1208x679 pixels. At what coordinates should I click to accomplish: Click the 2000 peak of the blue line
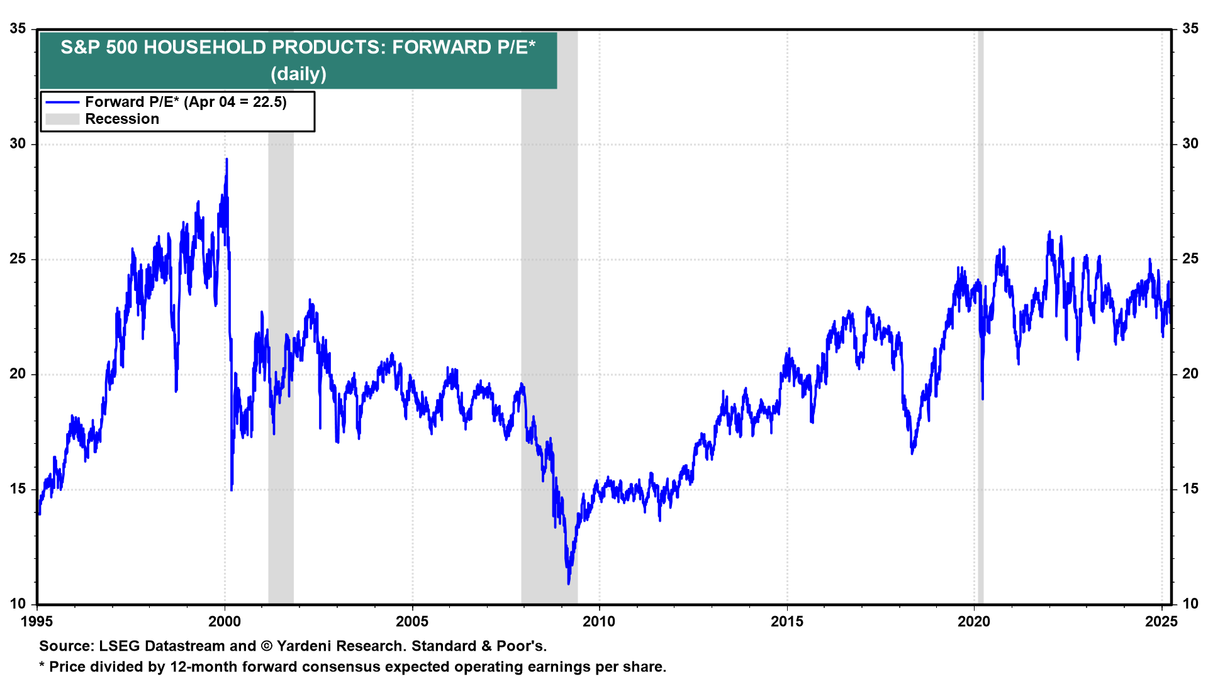point(226,160)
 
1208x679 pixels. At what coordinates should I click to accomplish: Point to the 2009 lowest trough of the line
point(569,583)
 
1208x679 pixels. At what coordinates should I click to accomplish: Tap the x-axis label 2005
point(412,622)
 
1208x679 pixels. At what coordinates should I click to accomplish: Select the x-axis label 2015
point(787,622)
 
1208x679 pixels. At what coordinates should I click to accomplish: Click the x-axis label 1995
point(37,622)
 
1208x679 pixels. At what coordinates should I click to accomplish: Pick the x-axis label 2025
point(1161,622)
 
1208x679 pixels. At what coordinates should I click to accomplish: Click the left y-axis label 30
point(18,144)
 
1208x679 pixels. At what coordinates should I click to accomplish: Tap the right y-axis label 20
point(1190,374)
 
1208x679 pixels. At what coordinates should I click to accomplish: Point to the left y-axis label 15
point(18,489)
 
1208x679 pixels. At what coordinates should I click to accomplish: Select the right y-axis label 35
point(1190,29)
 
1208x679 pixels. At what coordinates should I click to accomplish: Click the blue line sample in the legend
point(62,102)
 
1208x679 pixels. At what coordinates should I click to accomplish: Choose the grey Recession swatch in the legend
point(62,119)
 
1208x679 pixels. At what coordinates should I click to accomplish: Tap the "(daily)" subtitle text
point(298,74)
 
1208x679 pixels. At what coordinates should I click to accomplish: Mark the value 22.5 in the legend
point(269,102)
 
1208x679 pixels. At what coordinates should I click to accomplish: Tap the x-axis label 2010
point(599,622)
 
